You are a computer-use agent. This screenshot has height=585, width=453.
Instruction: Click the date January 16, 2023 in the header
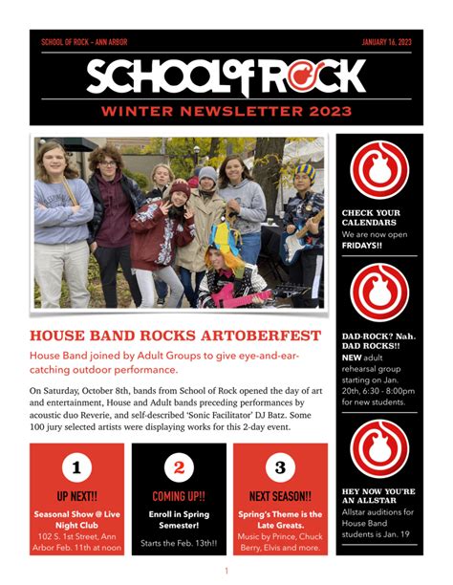tap(386, 42)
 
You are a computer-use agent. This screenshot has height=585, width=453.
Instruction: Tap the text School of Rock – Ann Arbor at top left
tap(84, 42)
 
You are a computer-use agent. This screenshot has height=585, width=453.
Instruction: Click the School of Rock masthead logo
tap(226, 76)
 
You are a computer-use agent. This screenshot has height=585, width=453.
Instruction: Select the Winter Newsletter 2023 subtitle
tap(226, 112)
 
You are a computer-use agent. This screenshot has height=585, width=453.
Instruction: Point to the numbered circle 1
tap(76, 467)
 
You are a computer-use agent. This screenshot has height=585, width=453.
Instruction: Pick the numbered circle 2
tap(179, 467)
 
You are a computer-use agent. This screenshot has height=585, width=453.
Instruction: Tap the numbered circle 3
tap(279, 467)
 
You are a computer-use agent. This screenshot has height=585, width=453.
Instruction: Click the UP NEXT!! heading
tap(76, 496)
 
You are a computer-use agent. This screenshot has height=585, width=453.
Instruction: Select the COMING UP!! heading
tap(179, 496)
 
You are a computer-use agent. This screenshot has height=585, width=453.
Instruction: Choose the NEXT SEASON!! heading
tap(280, 496)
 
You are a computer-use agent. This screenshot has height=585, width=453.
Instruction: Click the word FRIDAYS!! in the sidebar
tap(362, 245)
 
